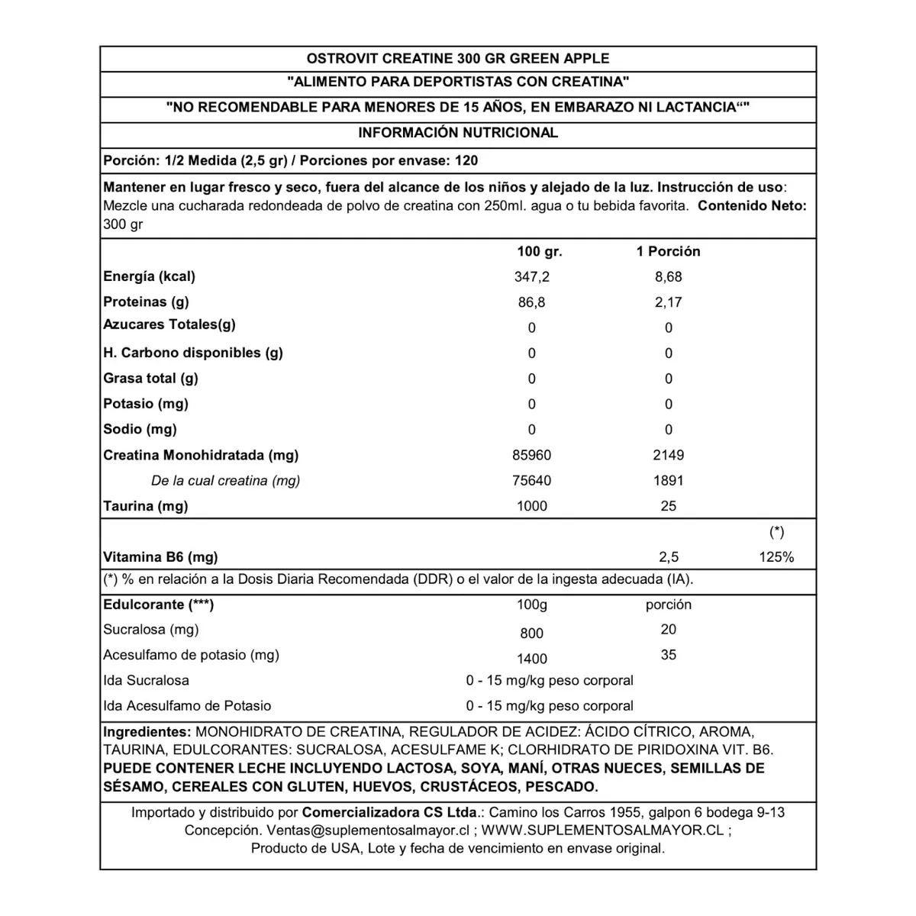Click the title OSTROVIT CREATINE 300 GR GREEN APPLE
[x=458, y=59]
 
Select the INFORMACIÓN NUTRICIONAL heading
[x=458, y=133]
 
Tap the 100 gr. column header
[x=539, y=251]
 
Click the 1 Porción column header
[x=668, y=251]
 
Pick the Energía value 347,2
[x=532, y=277]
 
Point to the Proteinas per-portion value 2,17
[x=668, y=302]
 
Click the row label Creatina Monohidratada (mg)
[x=201, y=456]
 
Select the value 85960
[x=532, y=456]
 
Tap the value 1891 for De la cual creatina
[x=668, y=481]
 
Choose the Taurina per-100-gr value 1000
[x=532, y=506]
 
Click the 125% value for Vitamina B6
[x=776, y=557]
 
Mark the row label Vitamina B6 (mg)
[x=160, y=557]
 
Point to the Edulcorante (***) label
[x=158, y=605]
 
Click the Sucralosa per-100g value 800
[x=532, y=634]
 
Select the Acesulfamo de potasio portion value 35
[x=668, y=655]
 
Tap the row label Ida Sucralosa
[x=146, y=681]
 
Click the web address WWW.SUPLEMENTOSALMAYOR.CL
[x=602, y=831]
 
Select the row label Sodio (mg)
[x=140, y=430]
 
